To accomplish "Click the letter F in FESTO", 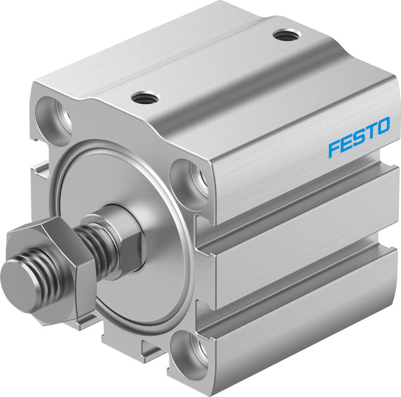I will (x=333, y=150).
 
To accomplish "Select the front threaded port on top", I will (x=145, y=97).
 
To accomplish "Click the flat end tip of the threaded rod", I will (x=17, y=285).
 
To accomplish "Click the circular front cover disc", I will (x=155, y=279).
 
